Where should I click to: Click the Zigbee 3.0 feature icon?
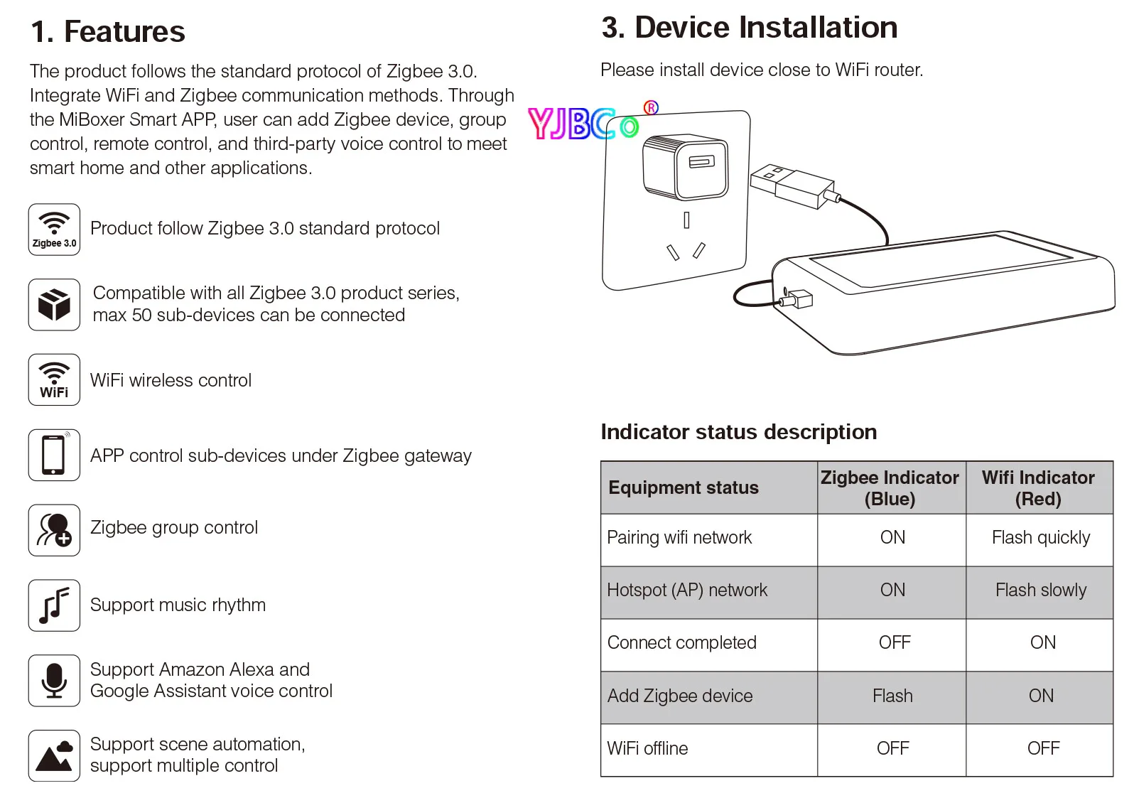(54, 230)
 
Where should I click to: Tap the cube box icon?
(54, 305)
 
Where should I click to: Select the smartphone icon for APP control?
(54, 455)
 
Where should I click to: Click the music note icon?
(54, 605)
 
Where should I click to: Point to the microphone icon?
(54, 681)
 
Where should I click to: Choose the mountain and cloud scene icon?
(54, 756)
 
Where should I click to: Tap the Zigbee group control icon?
(54, 530)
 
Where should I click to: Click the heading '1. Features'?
(107, 32)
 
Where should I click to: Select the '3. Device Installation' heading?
(749, 28)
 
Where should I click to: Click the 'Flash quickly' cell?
(1040, 538)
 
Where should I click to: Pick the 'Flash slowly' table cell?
(1040, 591)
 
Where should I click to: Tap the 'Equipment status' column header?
(684, 488)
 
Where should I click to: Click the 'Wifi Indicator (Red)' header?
(1038, 488)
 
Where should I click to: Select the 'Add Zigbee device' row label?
(680, 696)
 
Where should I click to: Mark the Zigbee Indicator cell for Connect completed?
(894, 643)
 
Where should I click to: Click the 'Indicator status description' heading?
(738, 432)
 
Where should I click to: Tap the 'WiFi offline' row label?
(647, 749)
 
